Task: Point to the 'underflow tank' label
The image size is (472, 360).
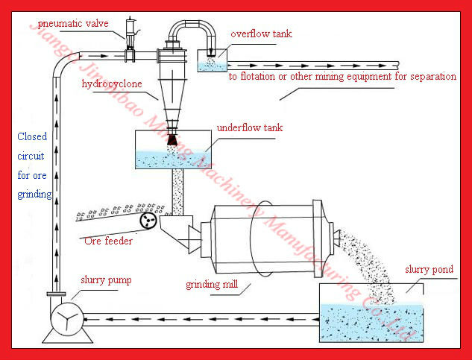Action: (250, 127)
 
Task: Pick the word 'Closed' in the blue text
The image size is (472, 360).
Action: (33, 136)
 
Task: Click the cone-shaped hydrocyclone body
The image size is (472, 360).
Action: (172, 93)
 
